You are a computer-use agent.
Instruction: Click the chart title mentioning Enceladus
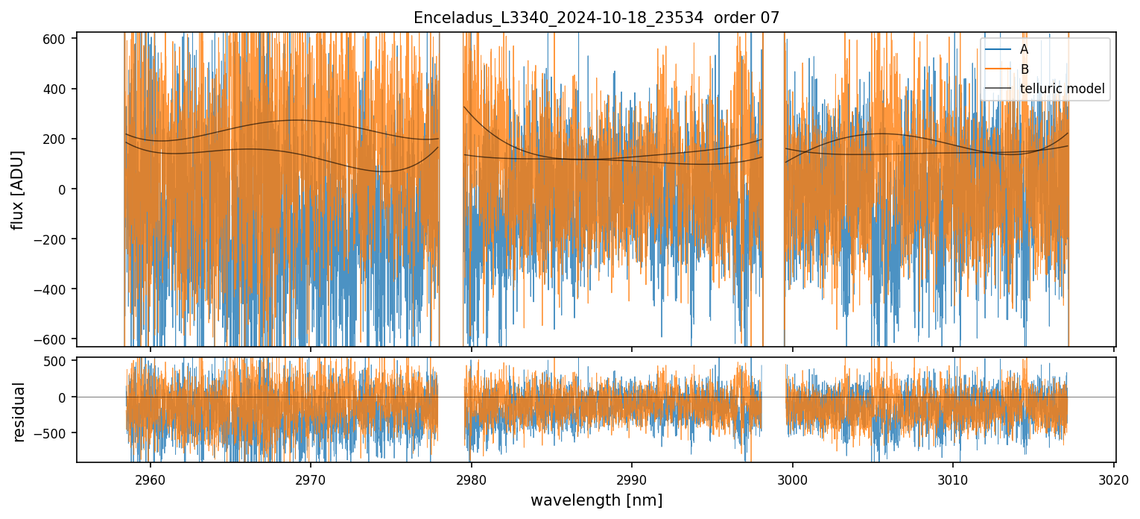point(596,18)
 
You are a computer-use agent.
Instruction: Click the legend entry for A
point(1024,49)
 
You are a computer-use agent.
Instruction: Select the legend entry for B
point(1024,69)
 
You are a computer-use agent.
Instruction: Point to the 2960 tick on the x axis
point(151,477)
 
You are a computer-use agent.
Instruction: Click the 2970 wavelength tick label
point(311,477)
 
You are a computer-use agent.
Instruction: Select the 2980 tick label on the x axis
point(472,477)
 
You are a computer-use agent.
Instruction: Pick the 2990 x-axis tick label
point(632,477)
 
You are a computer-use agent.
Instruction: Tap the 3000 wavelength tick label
point(793,477)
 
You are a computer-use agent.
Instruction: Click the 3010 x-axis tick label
point(953,477)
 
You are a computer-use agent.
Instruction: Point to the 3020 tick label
point(1114,477)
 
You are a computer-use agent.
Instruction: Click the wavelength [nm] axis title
point(596,500)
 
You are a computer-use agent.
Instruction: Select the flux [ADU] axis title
point(17,189)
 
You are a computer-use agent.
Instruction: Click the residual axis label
point(19,412)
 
